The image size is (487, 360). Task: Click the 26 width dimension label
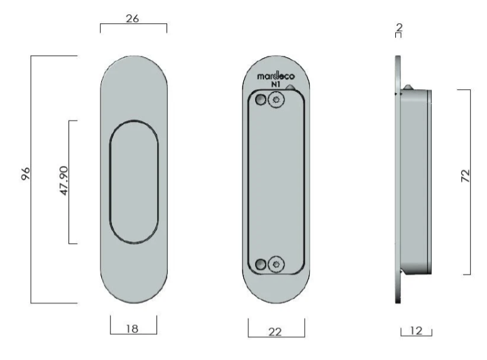tap(133, 19)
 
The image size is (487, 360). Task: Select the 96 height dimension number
tap(26, 173)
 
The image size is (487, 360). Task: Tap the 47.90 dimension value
tap(63, 181)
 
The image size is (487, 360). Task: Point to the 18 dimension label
tap(133, 329)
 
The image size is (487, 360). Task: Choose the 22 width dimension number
tap(275, 332)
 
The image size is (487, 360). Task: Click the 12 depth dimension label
tap(416, 331)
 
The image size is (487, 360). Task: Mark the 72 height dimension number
tap(466, 176)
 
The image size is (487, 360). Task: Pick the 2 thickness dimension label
tap(400, 28)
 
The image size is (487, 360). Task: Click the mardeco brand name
tap(276, 76)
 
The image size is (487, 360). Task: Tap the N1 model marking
tap(276, 84)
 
